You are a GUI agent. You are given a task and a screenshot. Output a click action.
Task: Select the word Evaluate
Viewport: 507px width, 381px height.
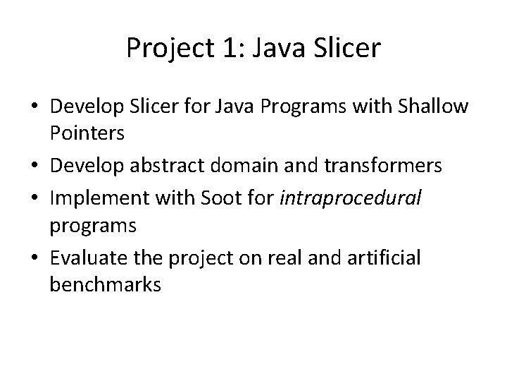(x=86, y=258)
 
